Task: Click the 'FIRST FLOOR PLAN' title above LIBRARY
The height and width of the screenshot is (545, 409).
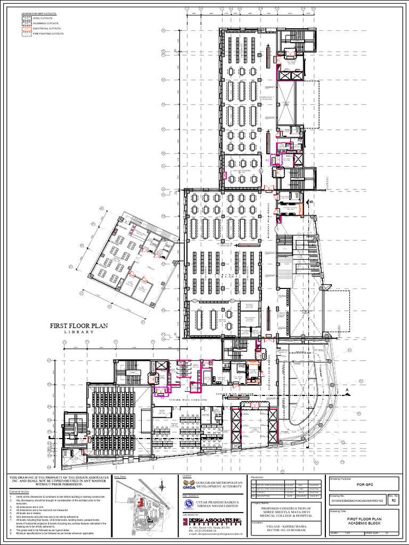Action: click(x=79, y=326)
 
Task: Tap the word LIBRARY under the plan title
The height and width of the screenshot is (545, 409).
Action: click(x=79, y=332)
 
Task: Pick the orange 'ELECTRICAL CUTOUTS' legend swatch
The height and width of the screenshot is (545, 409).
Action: click(x=26, y=28)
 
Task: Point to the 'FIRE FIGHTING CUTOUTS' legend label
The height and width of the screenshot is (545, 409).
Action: click(x=48, y=33)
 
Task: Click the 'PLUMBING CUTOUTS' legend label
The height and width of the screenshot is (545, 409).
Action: click(x=46, y=23)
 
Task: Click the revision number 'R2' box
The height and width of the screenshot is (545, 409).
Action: click(x=394, y=501)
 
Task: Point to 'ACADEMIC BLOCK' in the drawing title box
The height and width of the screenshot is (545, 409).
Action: click(x=365, y=523)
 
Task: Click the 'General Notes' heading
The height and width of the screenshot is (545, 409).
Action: click(x=19, y=492)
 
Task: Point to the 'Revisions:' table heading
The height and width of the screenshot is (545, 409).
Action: click(x=259, y=478)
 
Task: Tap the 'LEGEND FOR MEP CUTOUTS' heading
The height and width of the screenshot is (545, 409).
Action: click(x=38, y=13)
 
